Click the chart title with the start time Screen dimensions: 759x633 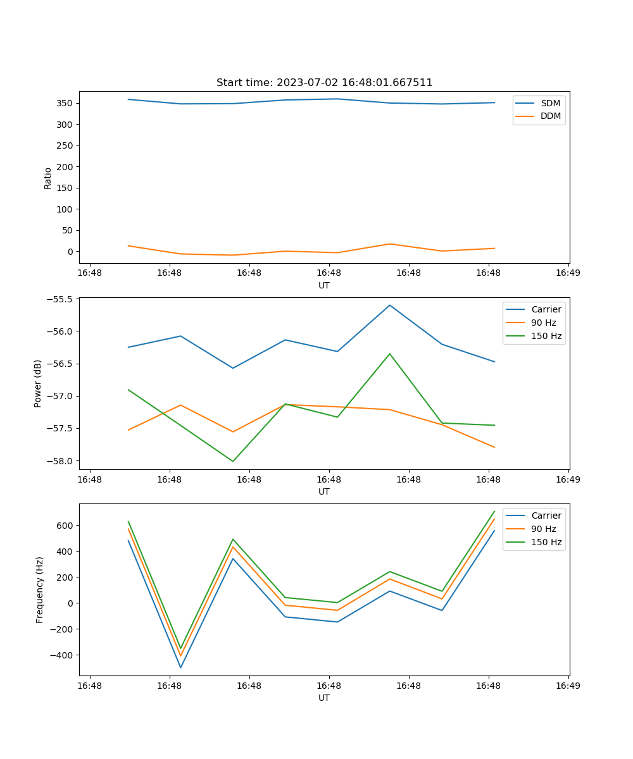click(x=324, y=83)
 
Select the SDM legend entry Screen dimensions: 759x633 click(x=550, y=103)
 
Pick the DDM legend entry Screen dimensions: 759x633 click(x=551, y=116)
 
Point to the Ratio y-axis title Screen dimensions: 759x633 click(x=48, y=178)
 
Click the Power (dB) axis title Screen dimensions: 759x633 click(x=38, y=383)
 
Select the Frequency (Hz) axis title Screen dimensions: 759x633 click(x=40, y=589)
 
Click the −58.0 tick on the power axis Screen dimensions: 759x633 click(x=60, y=461)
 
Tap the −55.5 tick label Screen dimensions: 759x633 click(x=60, y=299)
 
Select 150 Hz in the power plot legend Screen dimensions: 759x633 click(x=546, y=336)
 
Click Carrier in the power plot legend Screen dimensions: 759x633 click(x=546, y=309)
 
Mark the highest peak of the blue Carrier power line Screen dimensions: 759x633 click(x=390, y=305)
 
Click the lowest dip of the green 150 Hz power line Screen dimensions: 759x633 click(x=233, y=461)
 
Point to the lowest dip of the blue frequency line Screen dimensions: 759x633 click(x=180, y=668)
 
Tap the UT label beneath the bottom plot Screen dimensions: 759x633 click(x=324, y=698)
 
